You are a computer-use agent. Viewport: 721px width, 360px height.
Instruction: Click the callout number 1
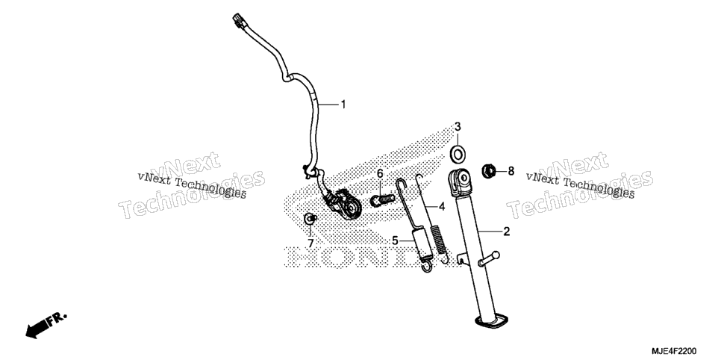pos(343,105)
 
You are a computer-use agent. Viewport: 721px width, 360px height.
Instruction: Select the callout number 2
pos(506,232)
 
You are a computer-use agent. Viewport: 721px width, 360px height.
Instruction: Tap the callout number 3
pos(458,126)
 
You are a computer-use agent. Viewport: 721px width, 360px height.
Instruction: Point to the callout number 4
pos(442,207)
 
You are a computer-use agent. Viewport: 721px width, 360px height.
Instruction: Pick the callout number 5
pos(395,240)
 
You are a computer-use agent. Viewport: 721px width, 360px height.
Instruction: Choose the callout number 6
pos(380,173)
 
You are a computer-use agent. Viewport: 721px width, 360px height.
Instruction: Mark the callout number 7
pos(310,243)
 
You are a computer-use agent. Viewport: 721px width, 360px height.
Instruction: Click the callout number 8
pos(511,172)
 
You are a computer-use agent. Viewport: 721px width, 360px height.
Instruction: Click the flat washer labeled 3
pos(458,153)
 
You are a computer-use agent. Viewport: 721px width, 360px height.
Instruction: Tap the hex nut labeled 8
pos(488,172)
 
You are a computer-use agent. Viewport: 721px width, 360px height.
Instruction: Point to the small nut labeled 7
pos(311,219)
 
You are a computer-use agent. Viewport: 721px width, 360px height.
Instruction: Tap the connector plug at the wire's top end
pos(238,20)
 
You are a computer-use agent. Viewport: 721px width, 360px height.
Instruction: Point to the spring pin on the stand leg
pos(490,258)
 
